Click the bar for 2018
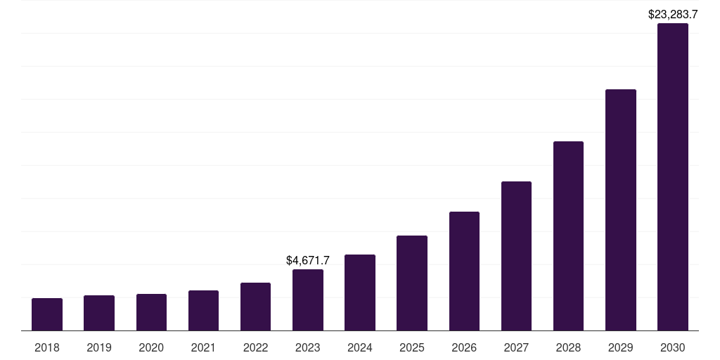click(x=47, y=314)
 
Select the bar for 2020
click(x=151, y=312)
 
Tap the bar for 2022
click(x=255, y=307)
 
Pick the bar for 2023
click(x=308, y=300)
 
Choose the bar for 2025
click(x=412, y=283)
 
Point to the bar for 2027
click(x=516, y=256)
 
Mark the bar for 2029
click(x=621, y=210)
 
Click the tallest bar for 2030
click(x=673, y=177)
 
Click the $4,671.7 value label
click(x=308, y=261)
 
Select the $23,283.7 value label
click(x=673, y=14)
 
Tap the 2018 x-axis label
click(x=47, y=347)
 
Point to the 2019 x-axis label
click(x=99, y=347)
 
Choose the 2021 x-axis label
click(x=203, y=347)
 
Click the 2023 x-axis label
click(x=308, y=347)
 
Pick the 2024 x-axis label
click(x=360, y=347)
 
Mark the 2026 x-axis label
click(x=464, y=347)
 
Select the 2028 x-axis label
click(x=568, y=347)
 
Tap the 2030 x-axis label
click(x=673, y=347)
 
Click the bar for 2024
click(x=360, y=292)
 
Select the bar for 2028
click(x=568, y=236)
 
